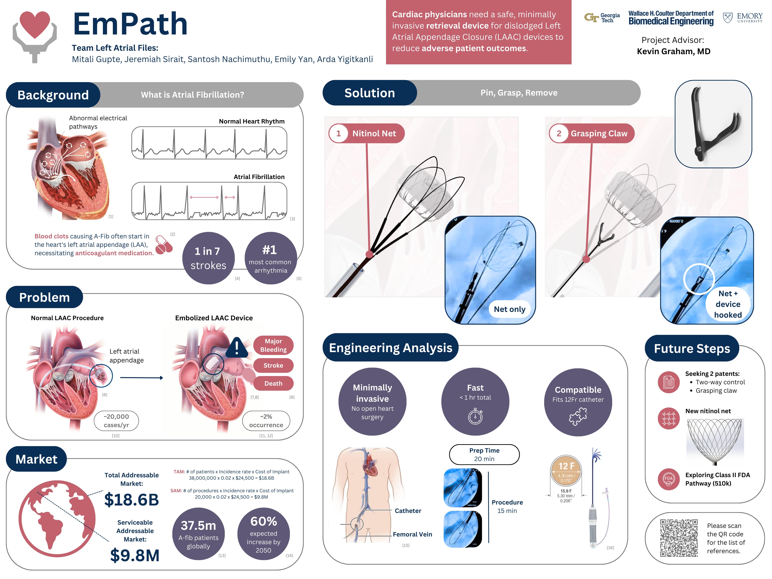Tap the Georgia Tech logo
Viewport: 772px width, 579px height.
pos(602,17)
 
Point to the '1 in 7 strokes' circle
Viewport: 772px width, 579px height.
pos(208,258)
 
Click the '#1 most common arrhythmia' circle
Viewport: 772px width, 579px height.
pos(271,258)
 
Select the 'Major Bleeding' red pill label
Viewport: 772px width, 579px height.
pos(273,345)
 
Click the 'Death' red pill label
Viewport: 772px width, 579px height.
pos(273,383)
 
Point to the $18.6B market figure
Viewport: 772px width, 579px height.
pos(132,499)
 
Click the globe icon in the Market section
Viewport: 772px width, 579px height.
pos(57,518)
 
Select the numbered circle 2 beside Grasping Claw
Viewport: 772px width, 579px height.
pos(559,133)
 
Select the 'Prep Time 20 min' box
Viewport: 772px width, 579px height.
pos(484,454)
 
